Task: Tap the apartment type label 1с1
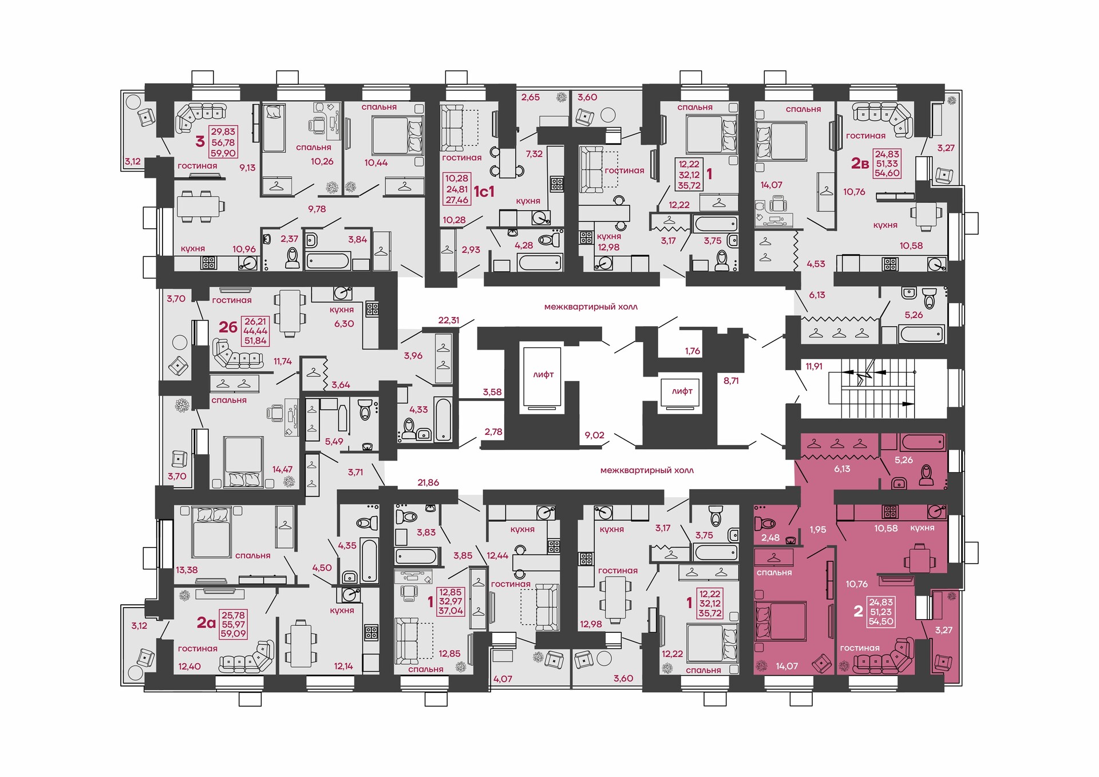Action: pyautogui.click(x=484, y=192)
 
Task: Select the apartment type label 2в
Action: pyautogui.click(x=860, y=164)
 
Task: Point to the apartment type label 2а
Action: pyautogui.click(x=206, y=622)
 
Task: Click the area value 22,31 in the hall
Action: pyautogui.click(x=449, y=320)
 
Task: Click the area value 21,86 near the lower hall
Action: pyautogui.click(x=428, y=482)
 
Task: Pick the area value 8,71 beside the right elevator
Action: pyautogui.click(x=731, y=380)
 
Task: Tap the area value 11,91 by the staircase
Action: pyautogui.click(x=814, y=366)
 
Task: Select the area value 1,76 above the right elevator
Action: pyautogui.click(x=693, y=351)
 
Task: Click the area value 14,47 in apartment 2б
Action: pyautogui.click(x=282, y=469)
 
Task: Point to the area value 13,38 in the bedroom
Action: pyautogui.click(x=187, y=570)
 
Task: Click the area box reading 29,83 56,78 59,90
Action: pyautogui.click(x=223, y=142)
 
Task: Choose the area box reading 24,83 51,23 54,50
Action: pyautogui.click(x=881, y=612)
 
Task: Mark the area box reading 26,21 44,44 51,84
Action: pyautogui.click(x=255, y=331)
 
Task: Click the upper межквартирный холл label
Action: pyautogui.click(x=591, y=307)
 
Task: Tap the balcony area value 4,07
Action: pyautogui.click(x=503, y=679)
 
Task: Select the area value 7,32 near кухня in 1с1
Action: pyautogui.click(x=534, y=153)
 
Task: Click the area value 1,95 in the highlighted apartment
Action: pyautogui.click(x=818, y=529)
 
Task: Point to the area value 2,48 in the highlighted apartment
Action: pyautogui.click(x=770, y=537)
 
